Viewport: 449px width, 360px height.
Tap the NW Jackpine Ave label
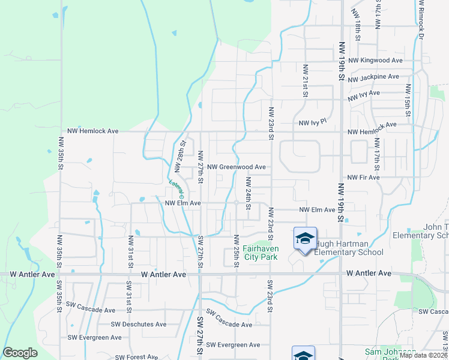(373, 77)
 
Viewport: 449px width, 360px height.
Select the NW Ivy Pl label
(312, 122)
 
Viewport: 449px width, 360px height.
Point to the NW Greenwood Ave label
(236, 167)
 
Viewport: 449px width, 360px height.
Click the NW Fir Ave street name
(364, 178)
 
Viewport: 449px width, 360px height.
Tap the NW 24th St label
(247, 190)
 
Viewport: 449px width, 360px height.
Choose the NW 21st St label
(305, 80)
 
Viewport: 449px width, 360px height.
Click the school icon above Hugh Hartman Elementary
(304, 239)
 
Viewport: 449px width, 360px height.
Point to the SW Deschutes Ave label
(142, 324)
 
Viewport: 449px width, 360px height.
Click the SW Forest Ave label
(136, 356)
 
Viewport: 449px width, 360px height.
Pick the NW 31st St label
(130, 251)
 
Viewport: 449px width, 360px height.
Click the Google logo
(20, 353)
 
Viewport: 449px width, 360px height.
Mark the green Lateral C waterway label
(175, 188)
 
